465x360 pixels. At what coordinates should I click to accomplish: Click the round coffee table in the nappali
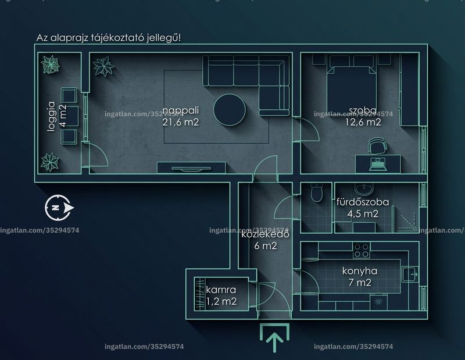point(229,110)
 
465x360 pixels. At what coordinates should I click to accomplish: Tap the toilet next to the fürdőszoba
point(317,193)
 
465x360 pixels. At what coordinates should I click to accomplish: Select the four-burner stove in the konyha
point(362,250)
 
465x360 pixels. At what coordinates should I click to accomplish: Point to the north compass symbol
point(59,208)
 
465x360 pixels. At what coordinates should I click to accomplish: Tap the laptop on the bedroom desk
point(378,164)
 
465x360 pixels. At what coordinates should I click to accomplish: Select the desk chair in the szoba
point(377,146)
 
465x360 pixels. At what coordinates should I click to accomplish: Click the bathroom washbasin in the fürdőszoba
point(364,188)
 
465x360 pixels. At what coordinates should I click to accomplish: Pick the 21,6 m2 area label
point(181,122)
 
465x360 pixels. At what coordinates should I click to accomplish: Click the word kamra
point(221,290)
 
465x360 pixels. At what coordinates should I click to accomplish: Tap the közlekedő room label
point(266,234)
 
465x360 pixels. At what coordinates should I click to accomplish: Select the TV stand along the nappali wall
point(191,167)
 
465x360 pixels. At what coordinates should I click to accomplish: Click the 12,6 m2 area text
point(363,122)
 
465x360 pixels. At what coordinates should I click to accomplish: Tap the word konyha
point(360,271)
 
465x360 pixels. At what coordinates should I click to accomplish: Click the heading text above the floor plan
point(109,38)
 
